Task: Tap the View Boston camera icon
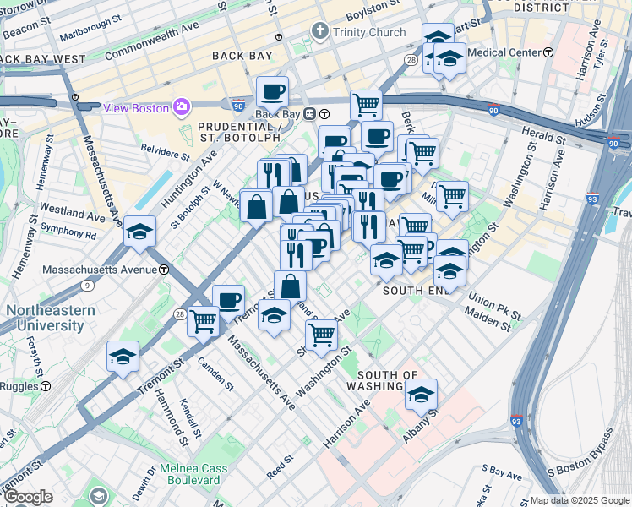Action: coord(181,107)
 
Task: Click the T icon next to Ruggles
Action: coord(46,385)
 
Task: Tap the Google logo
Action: coord(27,497)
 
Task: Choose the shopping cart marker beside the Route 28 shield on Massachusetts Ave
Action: coord(204,320)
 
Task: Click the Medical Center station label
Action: coord(504,52)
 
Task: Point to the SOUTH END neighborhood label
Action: coord(413,290)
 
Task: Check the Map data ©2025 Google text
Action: coord(580,500)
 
